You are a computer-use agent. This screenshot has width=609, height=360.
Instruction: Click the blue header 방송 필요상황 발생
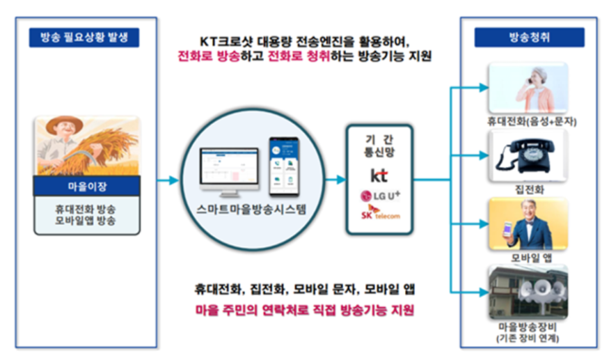pos(84,38)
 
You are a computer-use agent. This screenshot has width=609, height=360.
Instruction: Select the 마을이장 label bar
pos(87,185)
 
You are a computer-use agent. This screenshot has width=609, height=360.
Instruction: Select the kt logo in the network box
pos(379,174)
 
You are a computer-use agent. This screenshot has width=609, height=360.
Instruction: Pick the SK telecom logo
pos(379,214)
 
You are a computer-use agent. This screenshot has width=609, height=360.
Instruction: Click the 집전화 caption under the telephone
pos(527,189)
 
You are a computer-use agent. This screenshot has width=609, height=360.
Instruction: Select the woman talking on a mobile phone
pos(532,88)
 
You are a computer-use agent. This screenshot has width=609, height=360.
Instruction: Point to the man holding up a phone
pos(532,225)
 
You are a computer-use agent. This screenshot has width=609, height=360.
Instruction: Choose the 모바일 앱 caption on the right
pos(527,256)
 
